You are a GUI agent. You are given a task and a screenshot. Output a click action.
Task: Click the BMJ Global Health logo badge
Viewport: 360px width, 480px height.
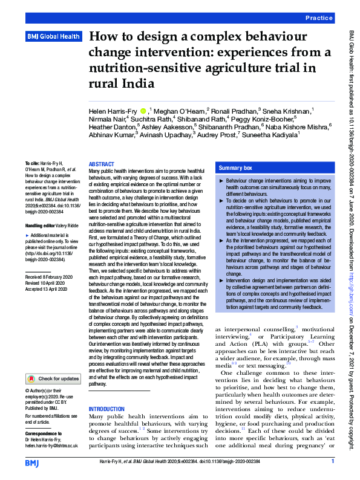point(53,37)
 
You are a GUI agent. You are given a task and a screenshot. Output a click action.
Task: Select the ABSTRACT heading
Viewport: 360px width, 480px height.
point(101,164)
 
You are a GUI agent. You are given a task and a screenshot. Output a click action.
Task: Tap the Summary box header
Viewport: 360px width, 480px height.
point(235,167)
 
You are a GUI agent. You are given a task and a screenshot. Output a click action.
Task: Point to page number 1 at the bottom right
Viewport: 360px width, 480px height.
point(332,462)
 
